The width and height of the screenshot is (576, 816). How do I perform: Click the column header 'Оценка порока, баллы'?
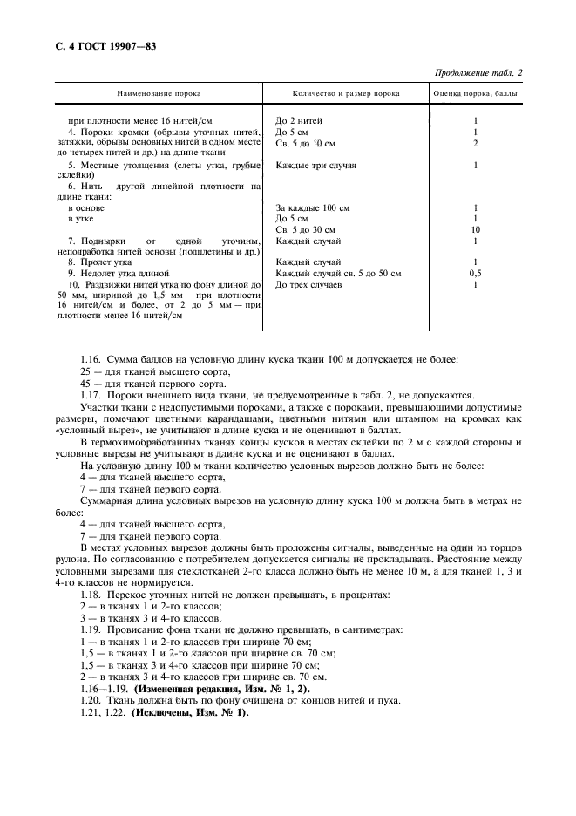coord(476,92)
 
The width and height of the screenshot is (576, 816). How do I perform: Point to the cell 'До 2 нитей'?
coord(299,120)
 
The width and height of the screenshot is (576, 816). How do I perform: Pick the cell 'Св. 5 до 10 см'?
coord(305,142)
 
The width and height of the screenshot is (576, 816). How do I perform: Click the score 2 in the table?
coord(475,142)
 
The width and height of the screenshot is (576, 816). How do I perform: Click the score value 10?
coord(475,229)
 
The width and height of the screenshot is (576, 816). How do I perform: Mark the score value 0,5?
coord(475,273)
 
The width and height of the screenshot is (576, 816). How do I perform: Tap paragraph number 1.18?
coord(90,593)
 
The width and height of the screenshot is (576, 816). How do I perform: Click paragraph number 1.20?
coord(90,700)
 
